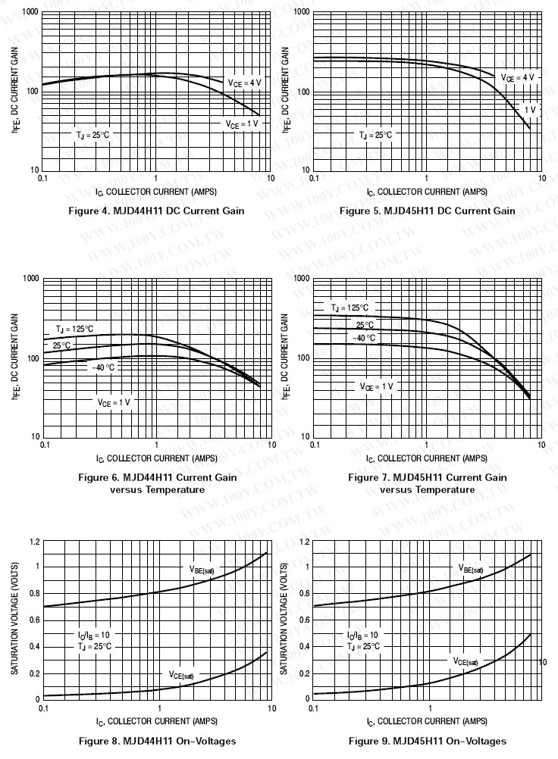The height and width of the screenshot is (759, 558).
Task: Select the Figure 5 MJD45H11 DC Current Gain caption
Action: click(x=427, y=211)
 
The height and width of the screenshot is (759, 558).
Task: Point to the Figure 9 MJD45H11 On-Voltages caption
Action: click(x=428, y=740)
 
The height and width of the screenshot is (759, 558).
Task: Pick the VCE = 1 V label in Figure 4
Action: click(x=241, y=123)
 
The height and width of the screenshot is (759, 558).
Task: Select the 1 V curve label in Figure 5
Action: click(x=529, y=110)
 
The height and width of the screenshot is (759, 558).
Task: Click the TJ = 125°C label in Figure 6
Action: click(x=74, y=329)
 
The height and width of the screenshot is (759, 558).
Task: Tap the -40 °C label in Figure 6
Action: click(x=103, y=367)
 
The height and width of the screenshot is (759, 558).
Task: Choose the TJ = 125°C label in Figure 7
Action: click(x=350, y=308)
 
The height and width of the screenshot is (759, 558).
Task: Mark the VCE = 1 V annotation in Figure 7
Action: click(x=377, y=386)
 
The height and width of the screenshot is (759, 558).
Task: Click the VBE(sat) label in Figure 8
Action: click(x=204, y=568)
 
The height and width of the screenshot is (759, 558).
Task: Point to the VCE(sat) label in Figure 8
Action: click(x=181, y=675)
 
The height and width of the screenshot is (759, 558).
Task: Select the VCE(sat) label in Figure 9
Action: click(x=466, y=661)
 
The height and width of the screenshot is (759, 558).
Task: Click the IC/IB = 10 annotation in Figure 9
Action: click(x=362, y=635)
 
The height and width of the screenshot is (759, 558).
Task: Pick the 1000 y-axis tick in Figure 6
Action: click(x=30, y=279)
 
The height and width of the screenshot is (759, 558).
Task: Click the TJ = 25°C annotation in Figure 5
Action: click(x=376, y=135)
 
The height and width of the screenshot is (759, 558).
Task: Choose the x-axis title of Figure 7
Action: click(x=427, y=458)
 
